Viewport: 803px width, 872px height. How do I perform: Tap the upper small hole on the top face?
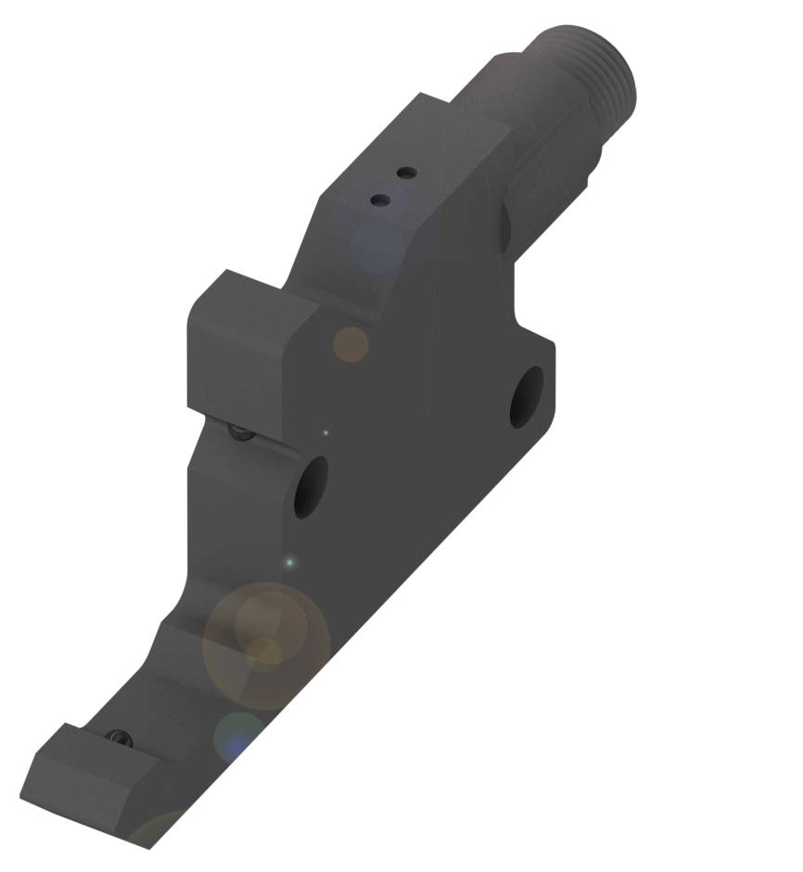(x=404, y=173)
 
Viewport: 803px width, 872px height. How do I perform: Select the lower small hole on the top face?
(x=378, y=199)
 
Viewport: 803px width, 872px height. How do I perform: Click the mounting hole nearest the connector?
(x=528, y=398)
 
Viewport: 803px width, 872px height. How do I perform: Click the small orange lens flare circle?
(x=351, y=344)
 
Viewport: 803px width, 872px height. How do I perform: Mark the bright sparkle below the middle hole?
(x=289, y=562)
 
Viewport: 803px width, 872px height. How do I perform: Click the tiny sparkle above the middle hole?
(x=325, y=431)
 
